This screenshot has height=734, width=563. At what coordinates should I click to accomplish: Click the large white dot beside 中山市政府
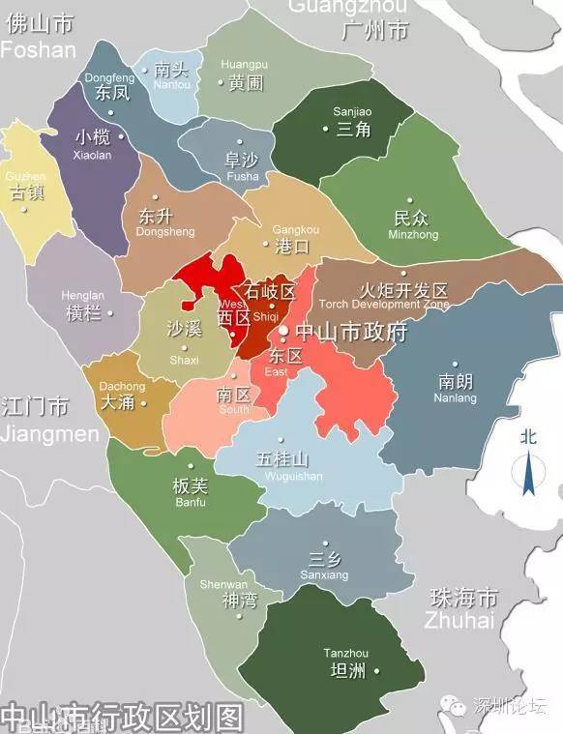(x=283, y=332)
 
